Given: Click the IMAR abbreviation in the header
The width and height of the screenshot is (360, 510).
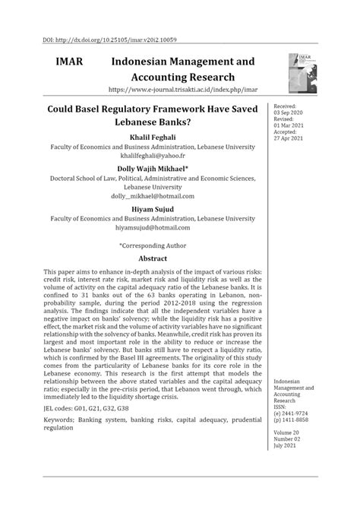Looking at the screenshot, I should (68, 61).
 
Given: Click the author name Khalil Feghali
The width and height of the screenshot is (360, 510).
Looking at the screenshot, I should (153, 137).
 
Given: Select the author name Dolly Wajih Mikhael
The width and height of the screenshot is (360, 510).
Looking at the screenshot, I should (153, 168).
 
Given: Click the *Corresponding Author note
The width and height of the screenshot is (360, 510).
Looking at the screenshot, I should (153, 245).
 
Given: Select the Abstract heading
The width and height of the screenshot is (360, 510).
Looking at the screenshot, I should (153, 259).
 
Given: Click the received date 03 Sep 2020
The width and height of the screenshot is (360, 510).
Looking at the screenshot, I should (288, 112).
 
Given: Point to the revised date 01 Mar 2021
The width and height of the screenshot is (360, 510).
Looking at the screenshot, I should (288, 125).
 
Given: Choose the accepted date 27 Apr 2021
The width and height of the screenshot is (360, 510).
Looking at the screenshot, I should (288, 138).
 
